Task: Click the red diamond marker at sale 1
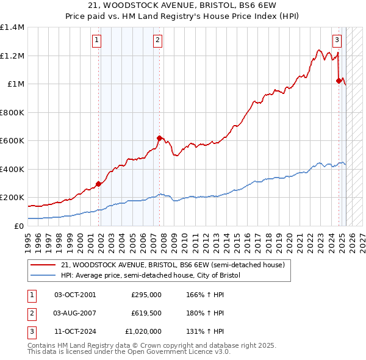coord(98,184)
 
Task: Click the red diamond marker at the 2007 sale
coord(159,138)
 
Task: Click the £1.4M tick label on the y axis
coord(12,27)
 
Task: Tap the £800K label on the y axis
coord(12,112)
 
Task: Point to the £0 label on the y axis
coord(19,226)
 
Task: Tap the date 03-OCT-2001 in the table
coord(75,294)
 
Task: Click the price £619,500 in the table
coord(146,313)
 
